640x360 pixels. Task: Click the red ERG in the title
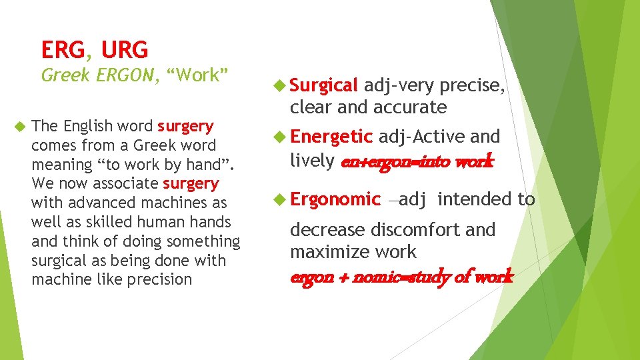point(63,49)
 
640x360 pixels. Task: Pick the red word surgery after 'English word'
point(185,126)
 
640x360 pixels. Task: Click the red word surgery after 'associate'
point(191,183)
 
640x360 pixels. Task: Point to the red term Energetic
point(331,137)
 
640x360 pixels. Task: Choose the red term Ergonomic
point(335,199)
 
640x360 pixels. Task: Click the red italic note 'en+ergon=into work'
point(417,161)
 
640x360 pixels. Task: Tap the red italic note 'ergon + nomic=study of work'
point(401,277)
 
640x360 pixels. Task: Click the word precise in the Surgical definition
point(472,85)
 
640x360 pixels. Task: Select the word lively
point(312,160)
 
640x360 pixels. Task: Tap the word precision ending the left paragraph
point(159,279)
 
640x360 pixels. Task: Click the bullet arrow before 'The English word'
point(19,125)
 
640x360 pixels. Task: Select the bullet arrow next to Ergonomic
point(280,199)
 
